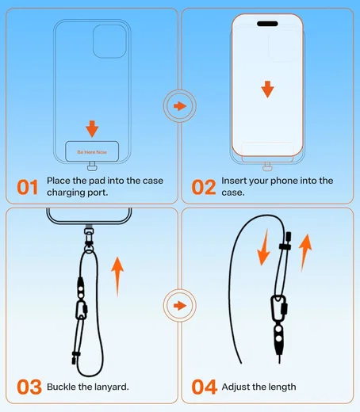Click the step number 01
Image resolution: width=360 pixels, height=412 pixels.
click(x=28, y=187)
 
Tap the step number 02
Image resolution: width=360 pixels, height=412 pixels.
click(x=204, y=187)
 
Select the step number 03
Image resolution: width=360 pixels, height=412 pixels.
click(x=29, y=387)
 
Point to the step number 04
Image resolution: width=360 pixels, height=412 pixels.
click(x=204, y=387)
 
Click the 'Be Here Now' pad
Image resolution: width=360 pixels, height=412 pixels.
click(x=92, y=151)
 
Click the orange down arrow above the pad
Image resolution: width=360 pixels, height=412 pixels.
click(x=92, y=129)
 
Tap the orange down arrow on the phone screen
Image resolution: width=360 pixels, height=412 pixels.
click(x=267, y=90)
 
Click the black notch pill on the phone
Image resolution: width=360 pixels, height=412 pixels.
click(x=267, y=24)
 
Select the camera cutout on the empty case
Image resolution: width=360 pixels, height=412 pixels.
click(x=109, y=41)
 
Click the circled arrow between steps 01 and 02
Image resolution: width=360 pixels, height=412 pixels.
click(x=180, y=106)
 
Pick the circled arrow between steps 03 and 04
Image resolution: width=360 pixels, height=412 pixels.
click(x=180, y=306)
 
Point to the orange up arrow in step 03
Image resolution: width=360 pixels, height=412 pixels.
click(x=117, y=277)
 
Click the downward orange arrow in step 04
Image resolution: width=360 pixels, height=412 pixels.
click(x=264, y=247)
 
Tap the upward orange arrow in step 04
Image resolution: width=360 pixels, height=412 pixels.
click(x=305, y=253)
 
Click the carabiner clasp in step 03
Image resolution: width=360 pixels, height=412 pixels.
click(x=81, y=310)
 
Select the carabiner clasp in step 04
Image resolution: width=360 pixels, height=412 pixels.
click(x=279, y=307)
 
